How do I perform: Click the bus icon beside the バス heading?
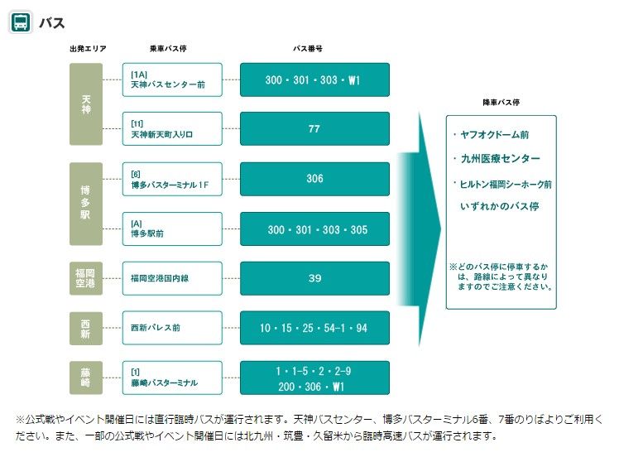click(x=21, y=22)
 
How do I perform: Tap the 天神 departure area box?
click(x=86, y=104)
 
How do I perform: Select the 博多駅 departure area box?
click(x=86, y=204)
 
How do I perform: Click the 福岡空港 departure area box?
click(x=86, y=278)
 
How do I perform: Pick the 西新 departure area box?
click(x=86, y=328)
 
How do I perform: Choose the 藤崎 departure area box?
click(x=86, y=378)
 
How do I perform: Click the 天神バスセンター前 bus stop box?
click(x=172, y=79)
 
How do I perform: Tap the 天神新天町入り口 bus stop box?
click(x=172, y=129)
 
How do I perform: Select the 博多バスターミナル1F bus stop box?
click(x=172, y=179)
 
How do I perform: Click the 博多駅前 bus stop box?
click(x=172, y=228)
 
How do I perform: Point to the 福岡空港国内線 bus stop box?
click(x=172, y=278)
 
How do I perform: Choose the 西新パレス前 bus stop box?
click(x=172, y=328)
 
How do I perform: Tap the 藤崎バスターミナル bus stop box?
click(x=172, y=378)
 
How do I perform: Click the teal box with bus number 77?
click(x=314, y=129)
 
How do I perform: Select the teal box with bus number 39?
click(x=314, y=278)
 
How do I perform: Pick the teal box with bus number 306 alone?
click(x=314, y=179)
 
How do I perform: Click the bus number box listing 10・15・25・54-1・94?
click(x=314, y=328)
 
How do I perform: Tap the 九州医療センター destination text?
click(x=501, y=158)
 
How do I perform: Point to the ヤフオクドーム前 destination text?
click(x=496, y=134)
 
